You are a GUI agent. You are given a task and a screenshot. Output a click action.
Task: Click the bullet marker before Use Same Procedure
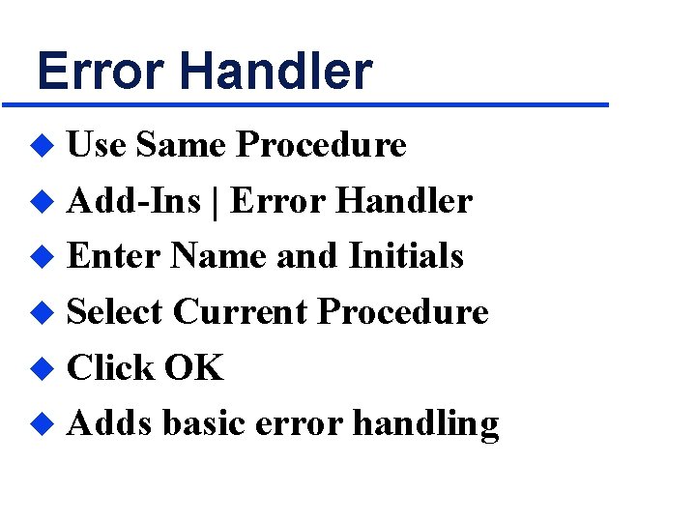coord(41,146)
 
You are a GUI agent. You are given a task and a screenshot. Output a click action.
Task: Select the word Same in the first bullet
coord(181,145)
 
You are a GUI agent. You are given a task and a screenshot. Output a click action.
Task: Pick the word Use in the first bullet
coord(96,145)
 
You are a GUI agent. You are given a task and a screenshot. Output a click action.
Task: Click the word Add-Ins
coord(133,201)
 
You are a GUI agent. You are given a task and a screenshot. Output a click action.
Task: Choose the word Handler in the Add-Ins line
coord(403,201)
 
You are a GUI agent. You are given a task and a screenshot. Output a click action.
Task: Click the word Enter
coord(113,256)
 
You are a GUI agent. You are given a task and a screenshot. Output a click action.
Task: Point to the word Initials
coord(405,256)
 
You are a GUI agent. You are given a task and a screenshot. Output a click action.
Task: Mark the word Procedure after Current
coord(403,312)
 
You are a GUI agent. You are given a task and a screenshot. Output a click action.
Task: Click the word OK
coord(193,368)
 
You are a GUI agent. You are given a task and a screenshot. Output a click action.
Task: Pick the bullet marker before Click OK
coord(41,369)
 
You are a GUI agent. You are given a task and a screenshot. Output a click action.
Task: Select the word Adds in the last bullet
coord(109,423)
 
